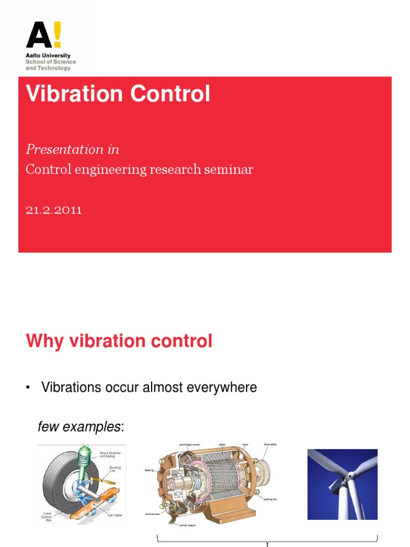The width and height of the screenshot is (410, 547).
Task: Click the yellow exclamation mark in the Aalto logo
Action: point(56,35)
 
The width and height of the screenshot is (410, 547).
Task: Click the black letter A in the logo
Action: point(38,36)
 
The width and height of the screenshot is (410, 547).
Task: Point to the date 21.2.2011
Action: point(54,210)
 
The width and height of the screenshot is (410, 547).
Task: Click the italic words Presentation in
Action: point(73,150)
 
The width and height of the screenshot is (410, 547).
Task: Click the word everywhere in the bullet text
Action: point(220,387)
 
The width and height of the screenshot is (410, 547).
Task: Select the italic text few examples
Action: point(79,427)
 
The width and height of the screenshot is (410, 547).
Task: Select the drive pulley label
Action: point(270,444)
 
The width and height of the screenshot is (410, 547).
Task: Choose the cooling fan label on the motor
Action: point(270,499)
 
